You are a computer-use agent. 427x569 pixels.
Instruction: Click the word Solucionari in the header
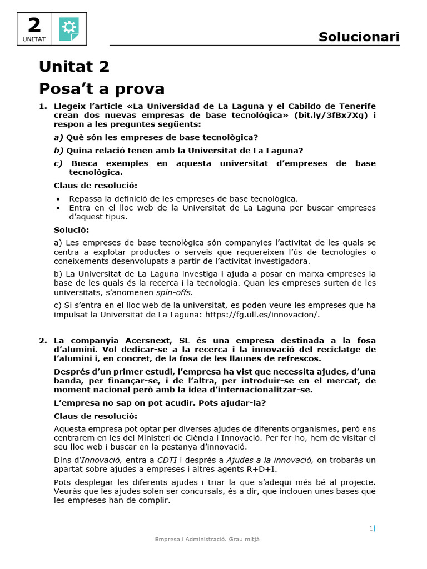pos(359,37)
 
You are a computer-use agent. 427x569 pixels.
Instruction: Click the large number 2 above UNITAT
pos(34,24)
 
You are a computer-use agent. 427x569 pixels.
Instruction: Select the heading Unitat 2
pos(74,67)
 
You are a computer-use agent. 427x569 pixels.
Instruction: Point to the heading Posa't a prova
pos(102,89)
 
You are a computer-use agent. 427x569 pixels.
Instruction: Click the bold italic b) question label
pos(59,151)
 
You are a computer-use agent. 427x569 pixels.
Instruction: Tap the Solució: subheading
pos(71,230)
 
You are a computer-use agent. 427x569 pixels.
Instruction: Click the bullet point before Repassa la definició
pos(58,199)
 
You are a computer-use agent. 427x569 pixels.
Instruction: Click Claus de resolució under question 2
pos(95,416)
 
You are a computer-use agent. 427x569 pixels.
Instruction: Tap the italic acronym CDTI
pos(167,460)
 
